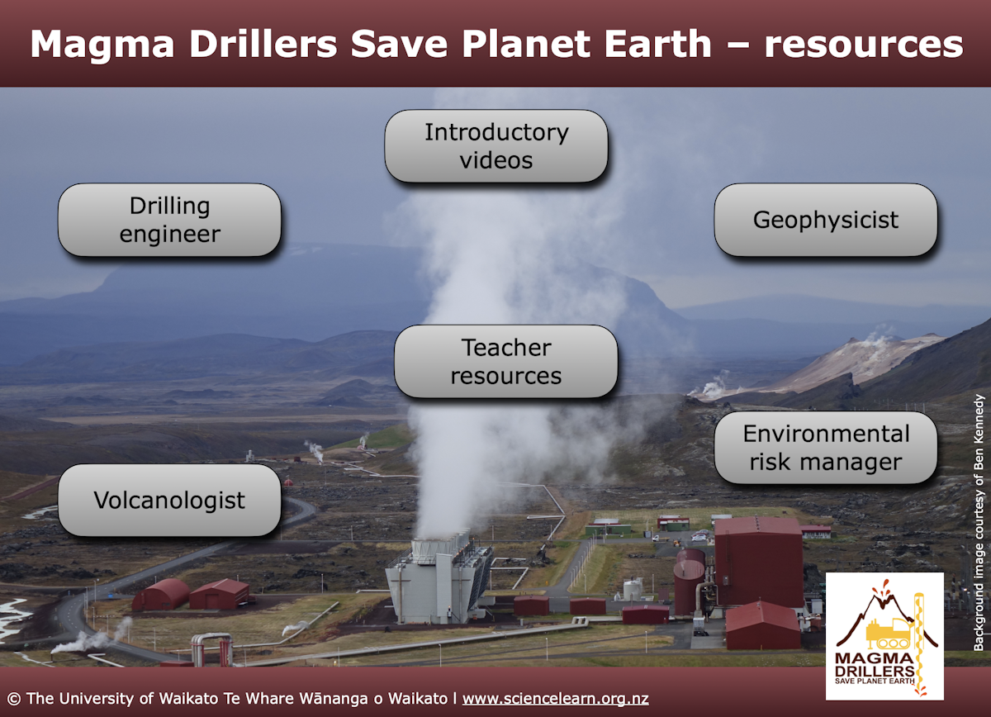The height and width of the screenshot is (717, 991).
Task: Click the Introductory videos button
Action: (496, 146)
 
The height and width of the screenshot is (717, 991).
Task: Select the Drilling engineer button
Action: (169, 220)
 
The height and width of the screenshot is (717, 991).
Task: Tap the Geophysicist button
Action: (825, 220)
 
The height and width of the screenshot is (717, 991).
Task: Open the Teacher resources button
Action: (505, 361)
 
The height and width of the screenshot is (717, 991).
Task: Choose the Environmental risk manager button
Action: (825, 448)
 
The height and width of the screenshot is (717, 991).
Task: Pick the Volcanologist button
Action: (169, 500)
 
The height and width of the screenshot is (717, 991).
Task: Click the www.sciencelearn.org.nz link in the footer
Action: (555, 698)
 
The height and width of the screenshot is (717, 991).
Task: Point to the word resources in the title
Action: (863, 44)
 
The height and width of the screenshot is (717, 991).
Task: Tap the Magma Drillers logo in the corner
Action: (884, 636)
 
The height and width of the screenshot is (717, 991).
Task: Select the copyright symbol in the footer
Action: (13, 698)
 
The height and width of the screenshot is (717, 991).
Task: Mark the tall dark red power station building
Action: (757, 562)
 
